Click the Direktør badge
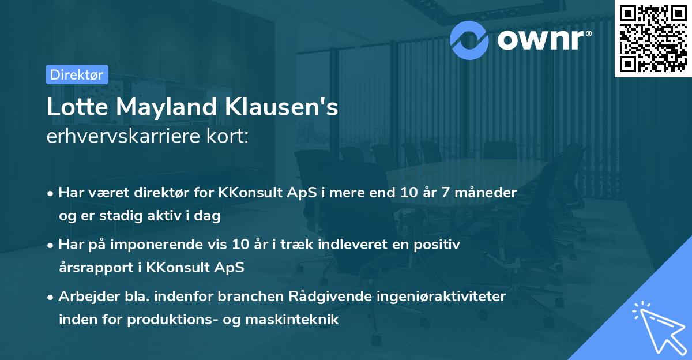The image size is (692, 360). click(77, 74)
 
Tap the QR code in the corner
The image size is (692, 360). click(653, 38)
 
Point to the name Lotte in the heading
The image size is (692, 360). click(74, 107)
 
